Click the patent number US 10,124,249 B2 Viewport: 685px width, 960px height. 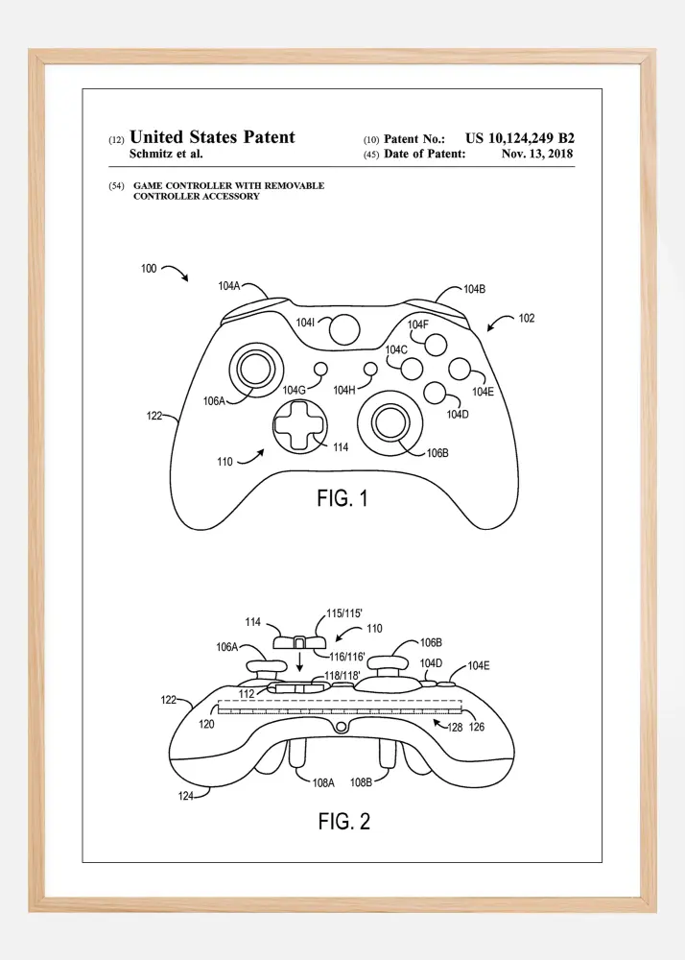[x=520, y=138]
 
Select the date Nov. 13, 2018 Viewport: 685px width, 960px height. [x=537, y=154]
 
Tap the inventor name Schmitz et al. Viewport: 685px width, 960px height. [x=166, y=154]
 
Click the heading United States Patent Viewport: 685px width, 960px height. [x=212, y=136]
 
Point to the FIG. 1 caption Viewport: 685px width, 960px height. [x=342, y=498]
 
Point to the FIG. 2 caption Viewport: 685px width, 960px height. [x=344, y=821]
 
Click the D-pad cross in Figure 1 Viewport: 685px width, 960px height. [x=300, y=426]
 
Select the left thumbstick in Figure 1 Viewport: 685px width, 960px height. [x=257, y=370]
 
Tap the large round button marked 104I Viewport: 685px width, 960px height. [x=344, y=330]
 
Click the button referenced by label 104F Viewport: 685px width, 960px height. [x=437, y=344]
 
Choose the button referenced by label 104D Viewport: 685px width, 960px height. [x=435, y=393]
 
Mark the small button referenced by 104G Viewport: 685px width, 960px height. [x=320, y=370]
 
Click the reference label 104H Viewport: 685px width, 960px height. [x=344, y=390]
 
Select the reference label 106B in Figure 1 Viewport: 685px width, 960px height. [x=437, y=453]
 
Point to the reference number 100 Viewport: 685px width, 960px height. [x=149, y=268]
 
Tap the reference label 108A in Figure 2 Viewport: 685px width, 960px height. [x=323, y=782]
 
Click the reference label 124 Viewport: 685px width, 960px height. [x=186, y=796]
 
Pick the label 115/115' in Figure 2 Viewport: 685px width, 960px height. [x=344, y=613]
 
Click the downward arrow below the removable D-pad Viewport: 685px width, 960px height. [x=299, y=661]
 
